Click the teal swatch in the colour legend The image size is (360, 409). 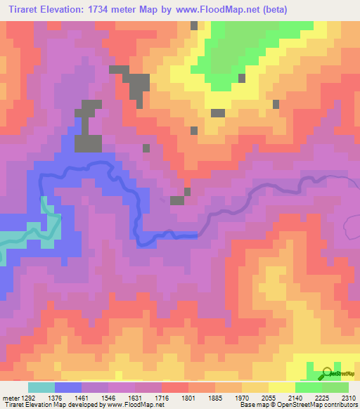(41, 387)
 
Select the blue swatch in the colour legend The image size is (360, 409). (68, 387)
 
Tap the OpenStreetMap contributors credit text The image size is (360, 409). (330, 405)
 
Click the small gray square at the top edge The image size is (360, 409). (194, 25)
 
